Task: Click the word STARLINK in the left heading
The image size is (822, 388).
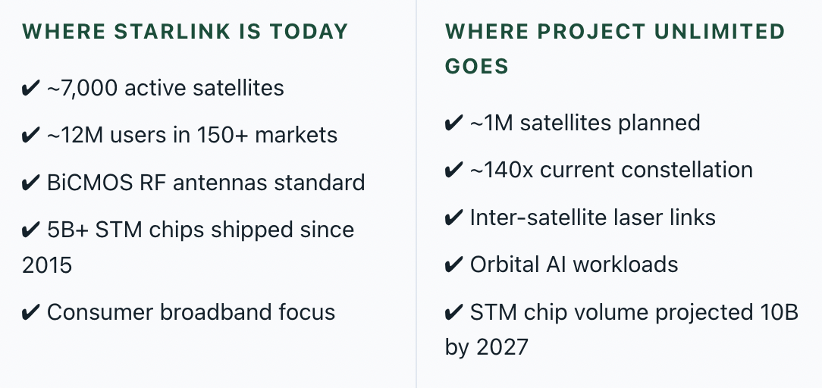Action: pyautogui.click(x=172, y=31)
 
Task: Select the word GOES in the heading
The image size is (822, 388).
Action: pyautogui.click(x=476, y=67)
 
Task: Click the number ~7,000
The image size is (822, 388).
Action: pyautogui.click(x=82, y=88)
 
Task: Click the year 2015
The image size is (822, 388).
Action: pyautogui.click(x=47, y=265)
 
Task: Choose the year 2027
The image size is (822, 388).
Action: pyautogui.click(x=503, y=347)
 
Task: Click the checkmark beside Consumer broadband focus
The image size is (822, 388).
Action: pyautogui.click(x=30, y=313)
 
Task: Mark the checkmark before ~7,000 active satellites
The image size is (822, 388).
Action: pyautogui.click(x=30, y=89)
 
